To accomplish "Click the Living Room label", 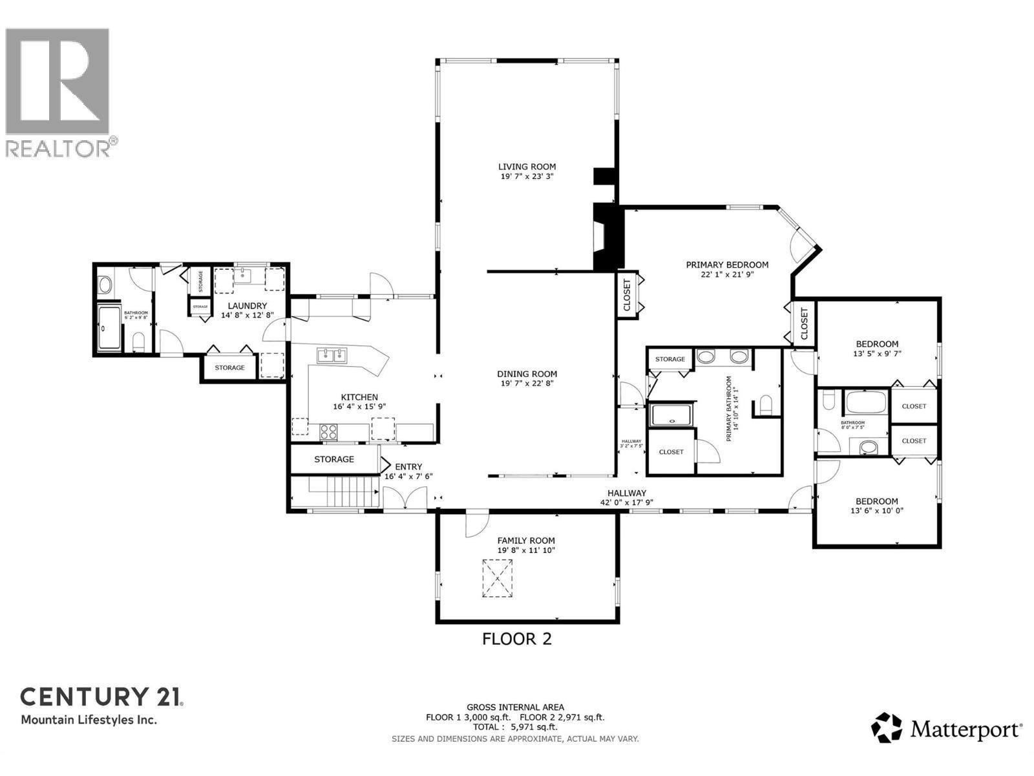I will (527, 167).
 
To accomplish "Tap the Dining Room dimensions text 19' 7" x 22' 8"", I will (527, 383).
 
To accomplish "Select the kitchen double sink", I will (332, 355).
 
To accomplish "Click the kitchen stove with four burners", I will (329, 431).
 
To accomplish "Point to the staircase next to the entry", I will (352, 493).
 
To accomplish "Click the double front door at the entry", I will (405, 499).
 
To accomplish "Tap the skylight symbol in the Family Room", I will (497, 578).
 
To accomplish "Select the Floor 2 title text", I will (517, 639).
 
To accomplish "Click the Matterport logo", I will (947, 729).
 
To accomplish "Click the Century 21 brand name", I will (101, 696).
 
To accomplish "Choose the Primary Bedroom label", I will (727, 264).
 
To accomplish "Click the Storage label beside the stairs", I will (334, 459).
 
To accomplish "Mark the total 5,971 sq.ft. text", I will (515, 727).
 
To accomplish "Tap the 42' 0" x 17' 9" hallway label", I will (627, 502).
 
